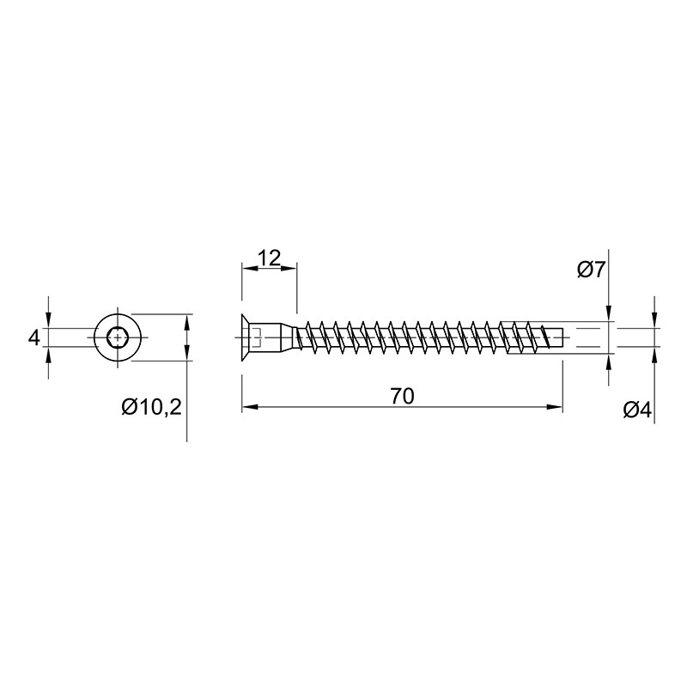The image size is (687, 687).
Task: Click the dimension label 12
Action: tap(269, 258)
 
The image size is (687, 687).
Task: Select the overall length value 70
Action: tap(402, 396)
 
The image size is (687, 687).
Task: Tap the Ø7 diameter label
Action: tap(591, 270)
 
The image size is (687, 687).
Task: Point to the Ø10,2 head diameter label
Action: tap(152, 408)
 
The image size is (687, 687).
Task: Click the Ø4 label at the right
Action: tap(637, 410)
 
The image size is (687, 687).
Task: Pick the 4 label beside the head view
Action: tap(33, 338)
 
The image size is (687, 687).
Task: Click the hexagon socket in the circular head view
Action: tap(117, 337)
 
